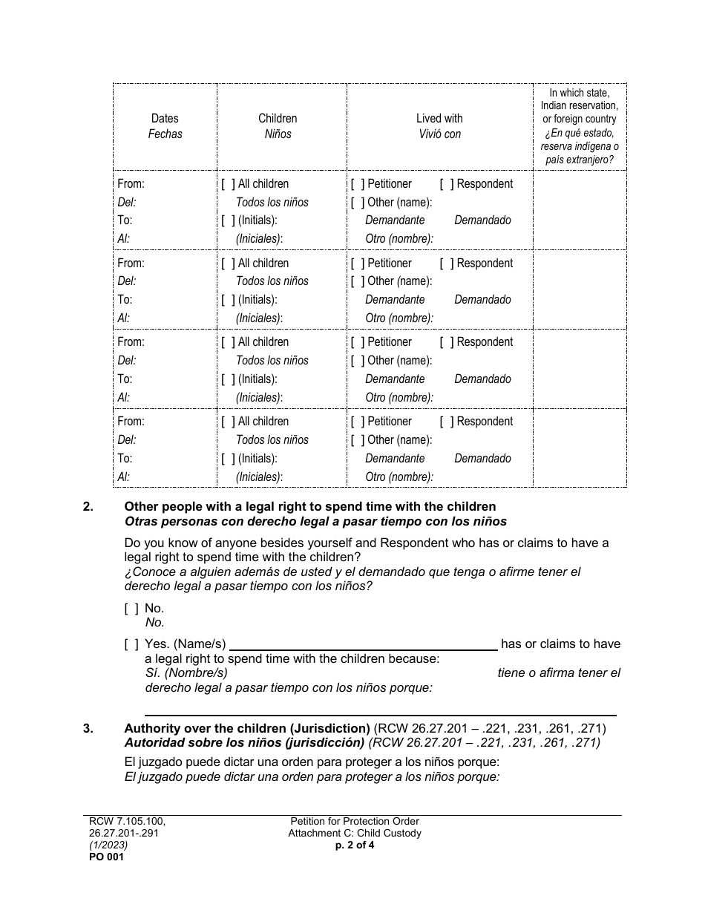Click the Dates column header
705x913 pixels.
[x=165, y=118]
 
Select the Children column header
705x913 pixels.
[x=278, y=118]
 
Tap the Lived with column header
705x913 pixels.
[x=439, y=118]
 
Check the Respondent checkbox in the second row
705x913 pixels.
[x=447, y=264]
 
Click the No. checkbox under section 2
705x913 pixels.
[x=131, y=609]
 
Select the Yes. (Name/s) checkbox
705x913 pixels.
[x=131, y=644]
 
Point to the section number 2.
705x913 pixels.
[x=88, y=507]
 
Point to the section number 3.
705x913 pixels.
[x=88, y=728]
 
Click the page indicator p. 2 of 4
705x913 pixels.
[x=355, y=845]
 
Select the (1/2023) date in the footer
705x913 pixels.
[x=105, y=845]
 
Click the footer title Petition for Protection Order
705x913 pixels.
[x=355, y=821]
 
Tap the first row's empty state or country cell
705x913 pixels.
[x=580, y=210]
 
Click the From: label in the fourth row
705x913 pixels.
[x=131, y=422]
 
